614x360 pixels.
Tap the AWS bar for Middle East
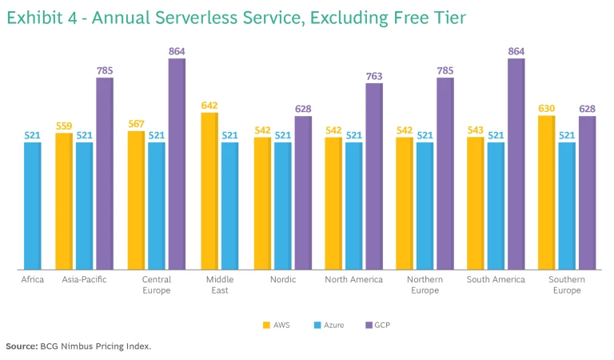[x=209, y=191]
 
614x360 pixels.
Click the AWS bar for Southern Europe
[x=547, y=193]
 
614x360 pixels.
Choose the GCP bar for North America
[x=374, y=177]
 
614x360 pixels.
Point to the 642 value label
[x=209, y=106]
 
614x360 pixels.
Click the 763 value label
[x=374, y=77]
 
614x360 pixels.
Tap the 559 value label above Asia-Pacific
[x=64, y=126]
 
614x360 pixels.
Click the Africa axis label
[x=32, y=280]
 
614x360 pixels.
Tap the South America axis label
[x=496, y=280]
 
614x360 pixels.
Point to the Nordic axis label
[x=283, y=280]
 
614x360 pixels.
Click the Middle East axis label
[x=217, y=285]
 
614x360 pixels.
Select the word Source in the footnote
[x=21, y=346]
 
